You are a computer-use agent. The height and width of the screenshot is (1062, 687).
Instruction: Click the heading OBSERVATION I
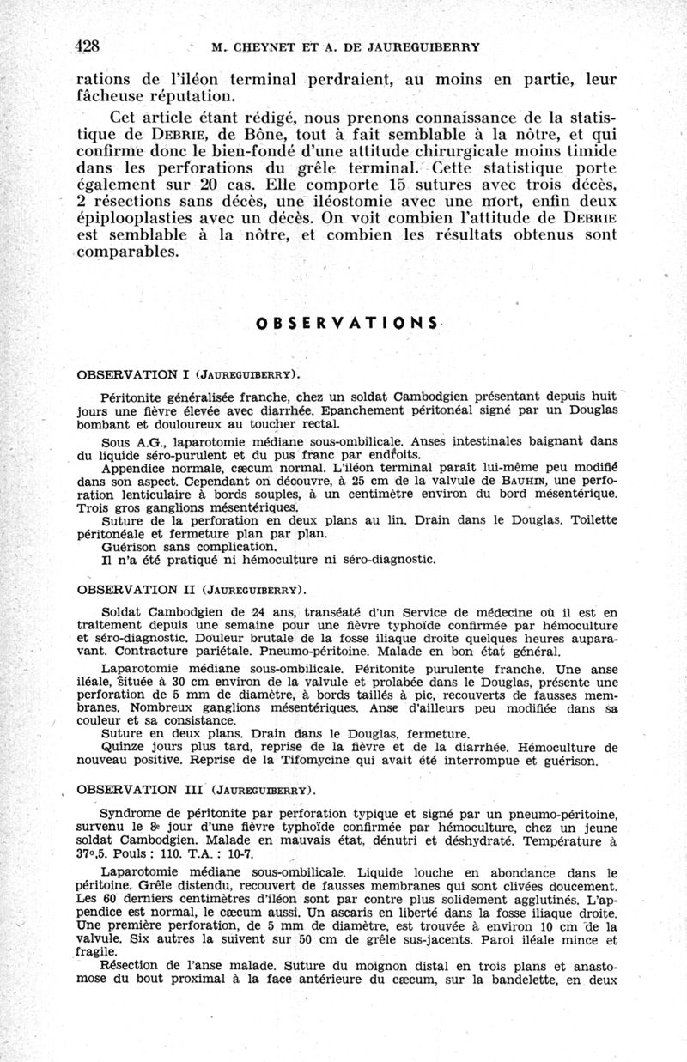pos(133,375)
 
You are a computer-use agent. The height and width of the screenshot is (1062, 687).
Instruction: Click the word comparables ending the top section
pos(128,253)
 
